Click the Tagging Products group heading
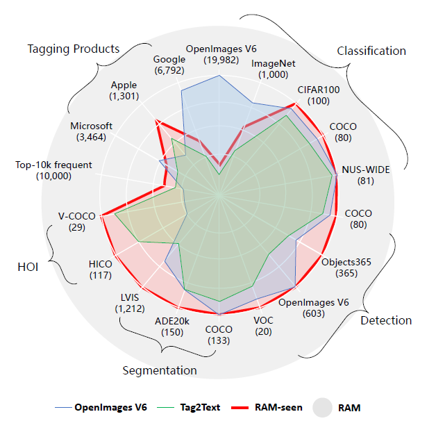pyautogui.click(x=74, y=49)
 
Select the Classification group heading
pyautogui.click(x=371, y=51)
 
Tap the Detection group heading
pyautogui.click(x=386, y=320)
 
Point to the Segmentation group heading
pyautogui.click(x=159, y=370)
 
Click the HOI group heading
pyautogui.click(x=28, y=266)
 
